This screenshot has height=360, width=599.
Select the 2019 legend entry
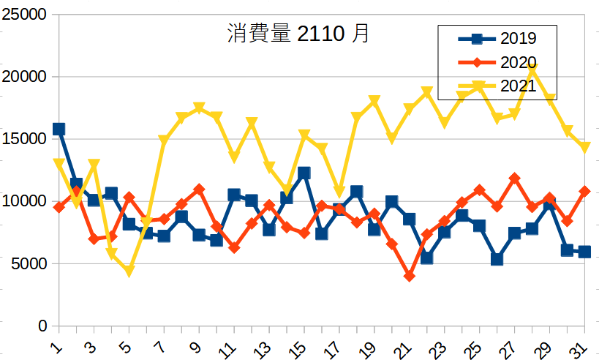(517, 38)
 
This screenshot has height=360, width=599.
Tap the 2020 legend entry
(517, 62)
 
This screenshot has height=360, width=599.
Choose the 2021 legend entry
(517, 86)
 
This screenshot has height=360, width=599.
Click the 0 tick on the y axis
(42, 326)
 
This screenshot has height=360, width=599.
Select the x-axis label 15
(299, 342)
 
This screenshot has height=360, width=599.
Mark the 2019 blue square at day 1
(59, 129)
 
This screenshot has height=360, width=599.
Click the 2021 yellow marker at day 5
(129, 271)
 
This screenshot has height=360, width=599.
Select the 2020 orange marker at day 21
(410, 276)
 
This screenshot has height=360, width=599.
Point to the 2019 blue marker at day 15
(304, 173)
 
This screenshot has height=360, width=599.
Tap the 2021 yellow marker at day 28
(532, 68)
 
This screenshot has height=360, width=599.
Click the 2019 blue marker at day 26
(497, 259)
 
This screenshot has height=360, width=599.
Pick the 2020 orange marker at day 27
(515, 178)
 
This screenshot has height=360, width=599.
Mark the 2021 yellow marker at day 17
(339, 192)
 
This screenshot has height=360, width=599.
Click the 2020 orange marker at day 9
(199, 189)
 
